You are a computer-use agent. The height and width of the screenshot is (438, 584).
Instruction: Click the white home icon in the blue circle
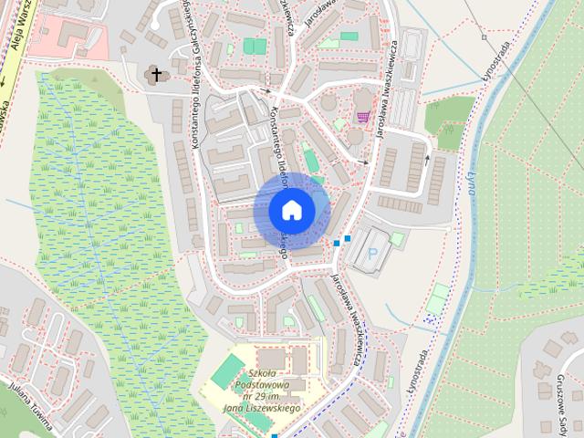click(x=291, y=210)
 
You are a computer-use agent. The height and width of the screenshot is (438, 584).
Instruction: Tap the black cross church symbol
click(x=157, y=74)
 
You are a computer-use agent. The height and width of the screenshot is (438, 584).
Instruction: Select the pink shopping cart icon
click(x=364, y=117)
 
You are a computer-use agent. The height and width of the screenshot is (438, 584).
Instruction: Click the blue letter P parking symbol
click(x=371, y=257)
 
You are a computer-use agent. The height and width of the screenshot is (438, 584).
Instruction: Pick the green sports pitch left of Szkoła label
click(x=227, y=370)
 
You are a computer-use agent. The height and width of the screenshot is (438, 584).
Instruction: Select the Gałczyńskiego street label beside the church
click(x=193, y=73)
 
